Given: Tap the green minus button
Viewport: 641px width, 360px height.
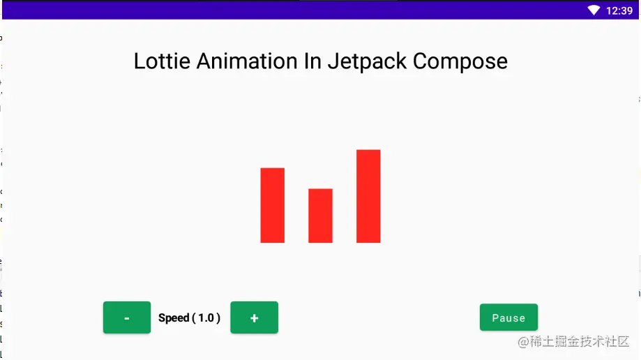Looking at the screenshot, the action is (127, 317).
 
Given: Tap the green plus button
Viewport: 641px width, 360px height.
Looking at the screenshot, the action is (255, 317).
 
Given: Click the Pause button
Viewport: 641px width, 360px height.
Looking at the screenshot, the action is (508, 317).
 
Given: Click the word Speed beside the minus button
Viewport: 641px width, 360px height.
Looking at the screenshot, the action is (174, 318).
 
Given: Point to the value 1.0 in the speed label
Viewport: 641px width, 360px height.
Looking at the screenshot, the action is (206, 318).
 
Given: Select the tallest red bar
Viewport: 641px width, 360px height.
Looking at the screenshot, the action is (368, 196).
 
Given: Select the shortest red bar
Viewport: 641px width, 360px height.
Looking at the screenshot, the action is (321, 216).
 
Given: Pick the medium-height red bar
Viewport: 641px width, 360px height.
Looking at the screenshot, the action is (273, 205).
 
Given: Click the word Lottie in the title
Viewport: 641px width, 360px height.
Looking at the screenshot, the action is (162, 61).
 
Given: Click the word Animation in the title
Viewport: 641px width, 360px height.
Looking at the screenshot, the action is (247, 61).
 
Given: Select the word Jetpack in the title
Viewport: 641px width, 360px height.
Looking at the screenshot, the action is (367, 62).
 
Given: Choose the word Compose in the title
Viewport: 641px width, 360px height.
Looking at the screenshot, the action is (460, 62).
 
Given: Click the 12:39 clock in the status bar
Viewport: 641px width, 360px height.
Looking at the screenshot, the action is (619, 10).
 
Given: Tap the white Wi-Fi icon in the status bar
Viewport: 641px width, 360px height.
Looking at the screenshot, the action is (594, 10).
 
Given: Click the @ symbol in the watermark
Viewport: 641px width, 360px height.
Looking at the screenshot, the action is (523, 342).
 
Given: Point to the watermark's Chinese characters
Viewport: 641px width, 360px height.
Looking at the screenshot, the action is (580, 342).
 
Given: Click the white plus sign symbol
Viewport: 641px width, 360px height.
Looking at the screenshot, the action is (255, 318).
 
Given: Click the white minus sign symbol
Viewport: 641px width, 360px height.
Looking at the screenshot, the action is (127, 318).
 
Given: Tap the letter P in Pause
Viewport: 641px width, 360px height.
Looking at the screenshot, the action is (495, 318).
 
